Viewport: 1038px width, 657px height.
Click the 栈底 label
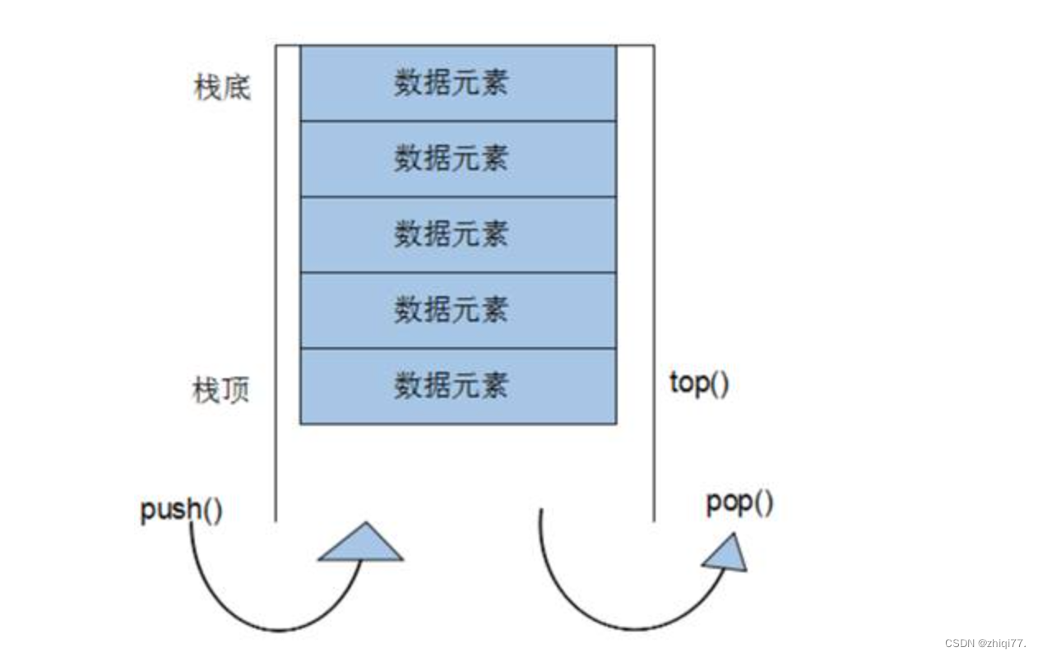pos(221,86)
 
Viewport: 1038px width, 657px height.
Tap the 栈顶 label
pos(220,391)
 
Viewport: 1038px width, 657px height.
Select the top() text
pos(699,382)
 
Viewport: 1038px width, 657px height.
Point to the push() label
pos(181,510)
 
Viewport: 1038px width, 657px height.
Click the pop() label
pos(739,502)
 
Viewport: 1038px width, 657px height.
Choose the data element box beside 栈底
pos(457,83)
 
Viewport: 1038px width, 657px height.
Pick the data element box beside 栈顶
pos(457,386)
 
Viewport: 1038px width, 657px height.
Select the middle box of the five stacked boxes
pos(457,234)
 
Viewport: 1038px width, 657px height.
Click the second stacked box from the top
pos(457,159)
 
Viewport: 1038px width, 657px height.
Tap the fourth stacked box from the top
pos(457,310)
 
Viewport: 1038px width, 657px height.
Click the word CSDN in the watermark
pos(959,643)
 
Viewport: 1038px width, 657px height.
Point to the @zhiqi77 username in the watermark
pos(1003,643)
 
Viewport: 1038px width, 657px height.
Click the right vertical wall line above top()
pos(654,206)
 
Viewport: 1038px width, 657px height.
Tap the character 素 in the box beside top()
pos(494,386)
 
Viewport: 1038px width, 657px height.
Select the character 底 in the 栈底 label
pos(236,86)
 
